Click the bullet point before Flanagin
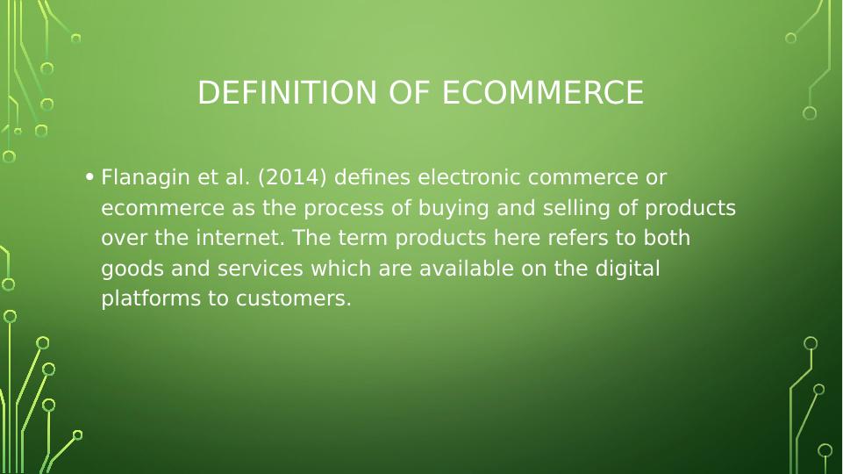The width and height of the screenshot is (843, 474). click(90, 178)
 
